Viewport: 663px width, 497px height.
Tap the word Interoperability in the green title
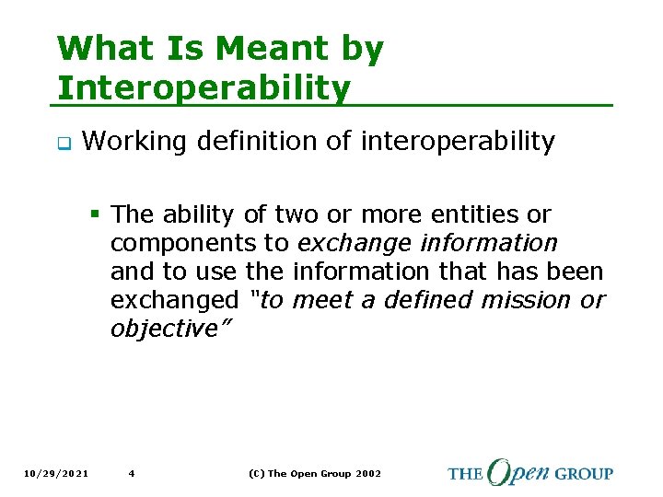tap(204, 88)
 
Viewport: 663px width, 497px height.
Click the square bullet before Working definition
tap(63, 143)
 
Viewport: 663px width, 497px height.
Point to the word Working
tap(131, 142)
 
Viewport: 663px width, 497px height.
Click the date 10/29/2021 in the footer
tap(58, 474)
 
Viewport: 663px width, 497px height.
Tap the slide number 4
tap(132, 474)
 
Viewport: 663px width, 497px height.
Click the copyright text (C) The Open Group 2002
tap(314, 474)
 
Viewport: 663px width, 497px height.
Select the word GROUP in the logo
tap(583, 474)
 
